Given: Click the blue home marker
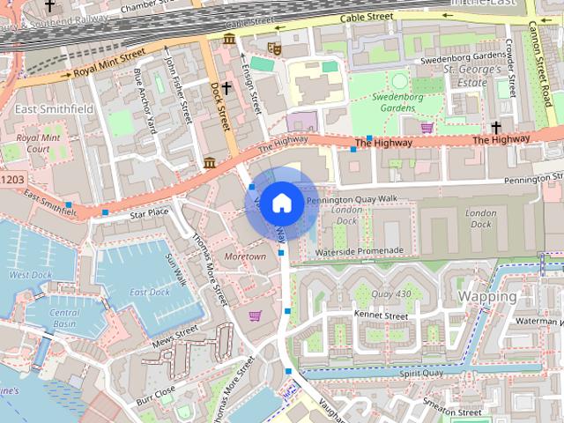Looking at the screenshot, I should (x=280, y=203).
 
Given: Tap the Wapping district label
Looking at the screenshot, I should (x=487, y=297).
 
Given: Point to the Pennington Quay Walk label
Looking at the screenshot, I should (x=352, y=199).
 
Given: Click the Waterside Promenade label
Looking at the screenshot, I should (x=359, y=251).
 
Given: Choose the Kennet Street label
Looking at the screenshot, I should (x=380, y=315).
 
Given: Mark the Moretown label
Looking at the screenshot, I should (x=245, y=256).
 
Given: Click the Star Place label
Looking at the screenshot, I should (x=149, y=213).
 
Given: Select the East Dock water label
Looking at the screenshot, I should (x=149, y=292).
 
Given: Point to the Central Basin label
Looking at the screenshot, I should (x=63, y=318).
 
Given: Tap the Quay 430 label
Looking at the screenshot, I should (x=391, y=294).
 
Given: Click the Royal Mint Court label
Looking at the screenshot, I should (x=38, y=144).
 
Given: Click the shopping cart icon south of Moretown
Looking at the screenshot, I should (x=255, y=315).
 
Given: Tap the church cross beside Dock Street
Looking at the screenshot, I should (x=226, y=87).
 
